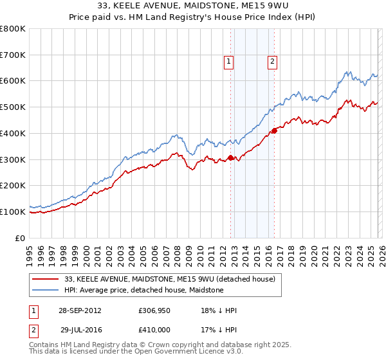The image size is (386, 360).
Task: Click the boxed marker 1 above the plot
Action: click(228, 62)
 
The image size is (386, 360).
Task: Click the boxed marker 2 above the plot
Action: click(272, 62)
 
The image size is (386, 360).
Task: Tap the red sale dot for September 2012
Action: click(231, 157)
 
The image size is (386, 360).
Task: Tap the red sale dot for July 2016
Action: click(275, 130)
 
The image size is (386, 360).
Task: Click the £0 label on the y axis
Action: click(20, 238)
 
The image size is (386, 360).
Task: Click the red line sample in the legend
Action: click(44, 279)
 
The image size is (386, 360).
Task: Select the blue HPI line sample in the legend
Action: click(44, 290)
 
